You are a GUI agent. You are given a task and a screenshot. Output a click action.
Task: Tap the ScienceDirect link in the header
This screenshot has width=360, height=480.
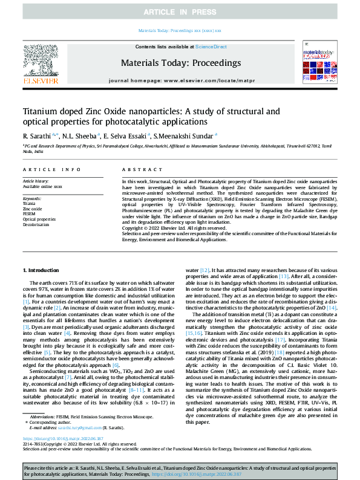[211, 47]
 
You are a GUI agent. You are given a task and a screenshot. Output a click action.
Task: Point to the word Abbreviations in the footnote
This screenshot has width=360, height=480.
[42, 417]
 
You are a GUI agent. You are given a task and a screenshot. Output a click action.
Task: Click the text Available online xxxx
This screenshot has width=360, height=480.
[42, 187]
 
